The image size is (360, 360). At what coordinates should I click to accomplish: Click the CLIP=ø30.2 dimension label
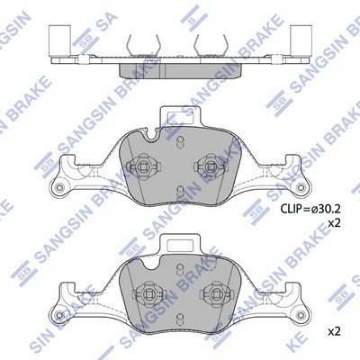coord(310,208)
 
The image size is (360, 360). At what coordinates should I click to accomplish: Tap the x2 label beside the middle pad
coord(334,223)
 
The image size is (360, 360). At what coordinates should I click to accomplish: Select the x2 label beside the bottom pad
coord(334,331)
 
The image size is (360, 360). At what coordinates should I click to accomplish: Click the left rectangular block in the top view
coord(60,40)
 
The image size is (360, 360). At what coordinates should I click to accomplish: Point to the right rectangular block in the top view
coord(301,40)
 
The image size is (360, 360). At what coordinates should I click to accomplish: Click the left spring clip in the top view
coord(144,44)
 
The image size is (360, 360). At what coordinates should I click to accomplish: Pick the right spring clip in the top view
coord(211,44)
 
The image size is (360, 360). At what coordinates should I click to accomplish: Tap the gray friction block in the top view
coord(181,71)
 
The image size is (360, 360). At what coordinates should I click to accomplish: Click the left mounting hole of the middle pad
coord(59,187)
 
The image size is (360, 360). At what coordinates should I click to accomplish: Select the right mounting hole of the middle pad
coord(300,187)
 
